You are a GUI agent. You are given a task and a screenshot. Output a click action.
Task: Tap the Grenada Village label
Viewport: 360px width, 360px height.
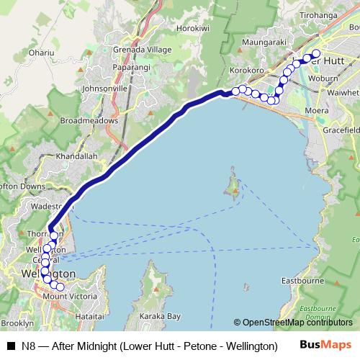tap(139, 50)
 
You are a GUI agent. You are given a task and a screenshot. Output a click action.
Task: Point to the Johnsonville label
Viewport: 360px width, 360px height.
tap(105, 88)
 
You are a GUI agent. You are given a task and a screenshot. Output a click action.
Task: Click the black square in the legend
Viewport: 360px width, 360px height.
tap(10, 346)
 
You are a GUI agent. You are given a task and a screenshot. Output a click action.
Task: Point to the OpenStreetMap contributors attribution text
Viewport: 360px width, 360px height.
tap(297, 323)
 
